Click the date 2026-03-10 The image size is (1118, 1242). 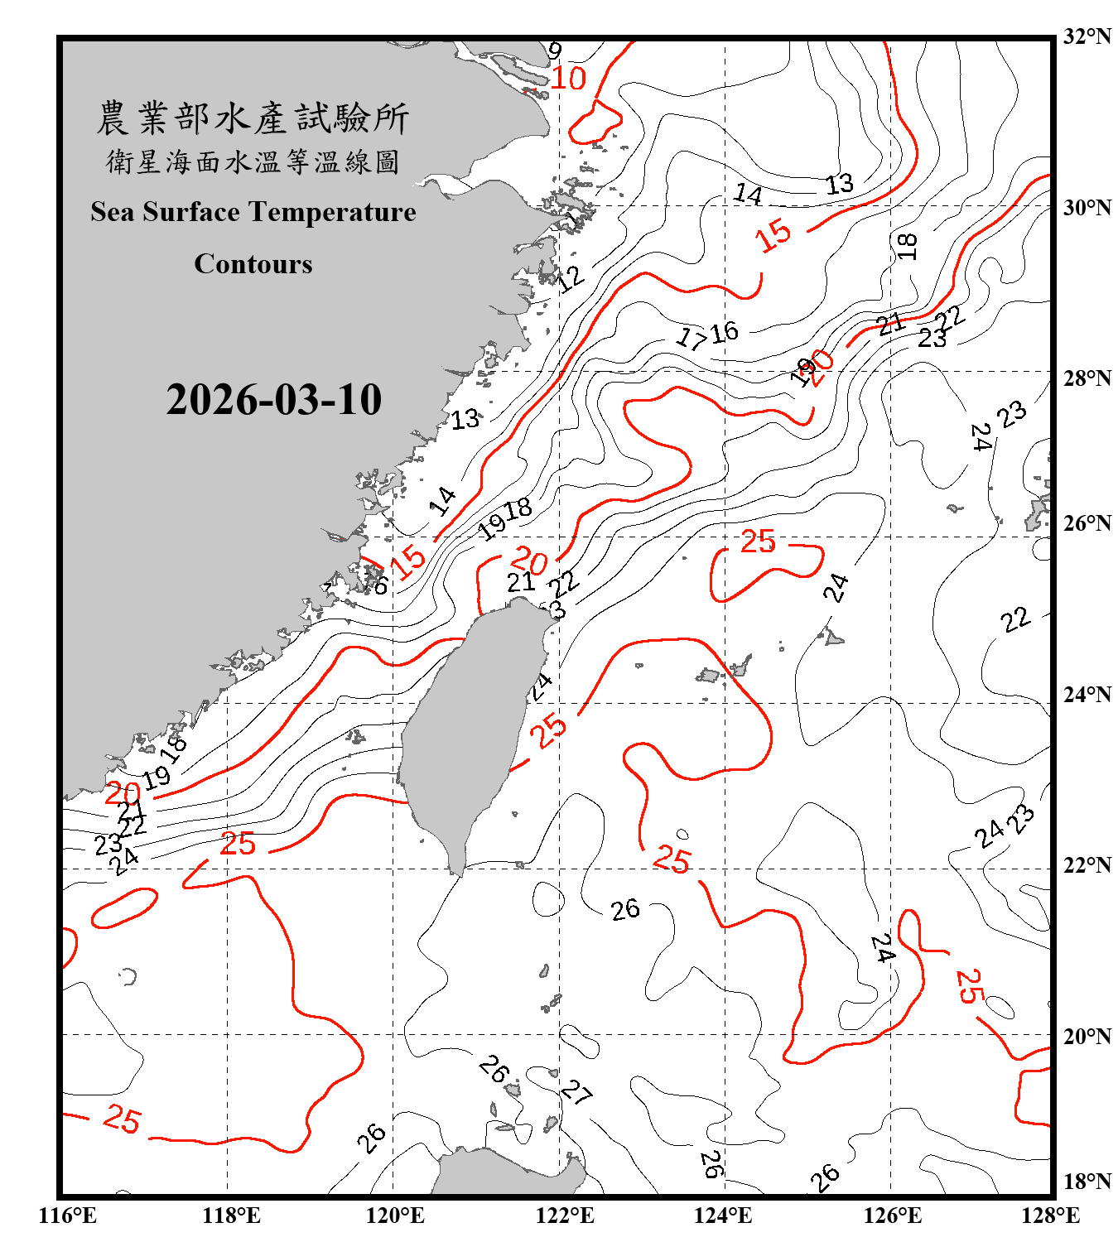pyautogui.click(x=273, y=400)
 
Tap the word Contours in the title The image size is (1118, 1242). pyautogui.click(x=253, y=264)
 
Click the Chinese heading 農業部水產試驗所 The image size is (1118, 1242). pyautogui.click(x=253, y=118)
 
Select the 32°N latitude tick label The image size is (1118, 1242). pyautogui.click(x=1087, y=36)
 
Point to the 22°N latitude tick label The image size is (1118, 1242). pyautogui.click(x=1087, y=865)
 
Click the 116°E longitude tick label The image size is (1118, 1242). pyautogui.click(x=67, y=1216)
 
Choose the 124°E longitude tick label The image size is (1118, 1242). pyautogui.click(x=723, y=1216)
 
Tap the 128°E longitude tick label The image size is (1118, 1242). pyautogui.click(x=1050, y=1216)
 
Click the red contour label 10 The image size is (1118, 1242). pyautogui.click(x=568, y=79)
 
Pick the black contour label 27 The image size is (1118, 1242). pyautogui.click(x=576, y=1093)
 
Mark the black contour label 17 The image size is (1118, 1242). pyautogui.click(x=691, y=338)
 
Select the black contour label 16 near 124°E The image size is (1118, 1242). pyautogui.click(x=724, y=332)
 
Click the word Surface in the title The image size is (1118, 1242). pyautogui.click(x=191, y=212)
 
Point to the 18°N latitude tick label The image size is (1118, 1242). pyautogui.click(x=1087, y=1182)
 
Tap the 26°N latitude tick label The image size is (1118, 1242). pyautogui.click(x=1087, y=523)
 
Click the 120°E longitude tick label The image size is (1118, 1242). pyautogui.click(x=395, y=1216)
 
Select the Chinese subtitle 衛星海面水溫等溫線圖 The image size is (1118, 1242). pyautogui.click(x=253, y=161)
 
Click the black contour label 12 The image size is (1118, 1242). pyautogui.click(x=570, y=278)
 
